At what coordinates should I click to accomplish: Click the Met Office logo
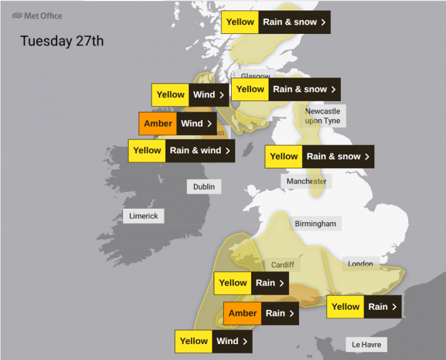pyautogui.click(x=37, y=16)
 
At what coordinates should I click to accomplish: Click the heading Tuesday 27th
pyautogui.click(x=62, y=41)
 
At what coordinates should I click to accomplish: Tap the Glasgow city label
pyautogui.click(x=255, y=75)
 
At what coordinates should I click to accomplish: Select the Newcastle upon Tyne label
pyautogui.click(x=322, y=116)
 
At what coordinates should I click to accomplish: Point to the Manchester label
pyautogui.click(x=306, y=181)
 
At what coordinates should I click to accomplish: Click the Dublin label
pyautogui.click(x=204, y=187)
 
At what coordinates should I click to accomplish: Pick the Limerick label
pyautogui.click(x=144, y=216)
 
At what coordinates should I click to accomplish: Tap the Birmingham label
pyautogui.click(x=315, y=224)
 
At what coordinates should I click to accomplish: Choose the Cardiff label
pyautogui.click(x=282, y=265)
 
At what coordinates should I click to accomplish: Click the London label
pyautogui.click(x=360, y=264)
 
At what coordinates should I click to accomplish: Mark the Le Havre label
pyautogui.click(x=367, y=345)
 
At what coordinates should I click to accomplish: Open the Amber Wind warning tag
pyautogui.click(x=177, y=124)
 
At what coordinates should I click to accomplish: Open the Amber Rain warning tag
pyautogui.click(x=261, y=313)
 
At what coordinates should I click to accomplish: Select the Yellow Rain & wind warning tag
pyautogui.click(x=181, y=151)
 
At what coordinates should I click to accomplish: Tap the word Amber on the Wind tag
pyautogui.click(x=158, y=124)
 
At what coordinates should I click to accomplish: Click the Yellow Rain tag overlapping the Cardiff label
pyautogui.click(x=251, y=283)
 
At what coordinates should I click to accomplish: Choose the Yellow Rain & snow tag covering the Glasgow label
pyautogui.click(x=286, y=89)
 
